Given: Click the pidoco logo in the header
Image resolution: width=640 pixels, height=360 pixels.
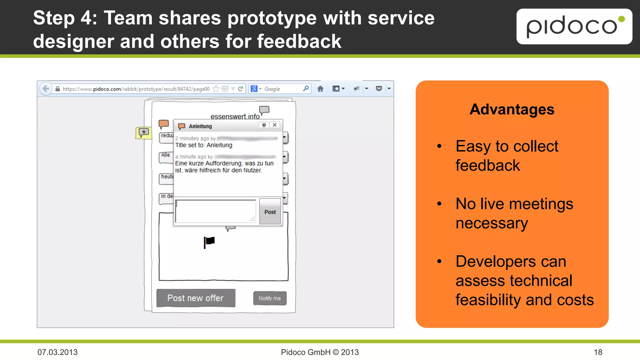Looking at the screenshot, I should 574,26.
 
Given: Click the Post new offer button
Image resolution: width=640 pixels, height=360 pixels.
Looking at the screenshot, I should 196,298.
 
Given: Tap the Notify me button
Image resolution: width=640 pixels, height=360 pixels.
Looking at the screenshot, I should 270,298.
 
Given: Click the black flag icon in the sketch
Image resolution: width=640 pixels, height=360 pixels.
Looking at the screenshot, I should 209,242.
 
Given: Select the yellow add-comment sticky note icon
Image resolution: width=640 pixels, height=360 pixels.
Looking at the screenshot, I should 143,132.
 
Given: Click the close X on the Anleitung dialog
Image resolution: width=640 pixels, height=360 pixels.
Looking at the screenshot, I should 275,125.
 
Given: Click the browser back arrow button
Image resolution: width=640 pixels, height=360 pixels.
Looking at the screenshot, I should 46,89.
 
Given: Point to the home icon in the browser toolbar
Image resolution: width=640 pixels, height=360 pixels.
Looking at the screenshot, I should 320,89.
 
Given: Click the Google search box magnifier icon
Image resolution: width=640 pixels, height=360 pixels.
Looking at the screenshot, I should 306,88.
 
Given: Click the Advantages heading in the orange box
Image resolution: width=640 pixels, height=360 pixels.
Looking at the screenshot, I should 512,109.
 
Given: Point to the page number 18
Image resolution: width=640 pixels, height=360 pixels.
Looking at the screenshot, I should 598,352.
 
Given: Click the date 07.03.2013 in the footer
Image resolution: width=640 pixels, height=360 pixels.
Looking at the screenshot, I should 57,352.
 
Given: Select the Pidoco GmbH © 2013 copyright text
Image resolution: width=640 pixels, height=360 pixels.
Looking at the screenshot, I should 320,352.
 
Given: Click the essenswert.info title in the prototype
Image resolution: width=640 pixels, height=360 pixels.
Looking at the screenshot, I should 235,117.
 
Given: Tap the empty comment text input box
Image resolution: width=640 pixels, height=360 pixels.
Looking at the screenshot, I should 216,211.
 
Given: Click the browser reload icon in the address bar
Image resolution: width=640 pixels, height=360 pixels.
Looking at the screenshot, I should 240,89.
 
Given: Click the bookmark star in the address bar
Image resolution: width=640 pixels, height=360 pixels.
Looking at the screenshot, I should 216,89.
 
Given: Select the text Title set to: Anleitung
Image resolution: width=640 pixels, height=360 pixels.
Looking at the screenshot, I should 204,145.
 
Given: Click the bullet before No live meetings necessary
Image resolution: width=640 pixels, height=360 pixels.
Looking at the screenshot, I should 439,204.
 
